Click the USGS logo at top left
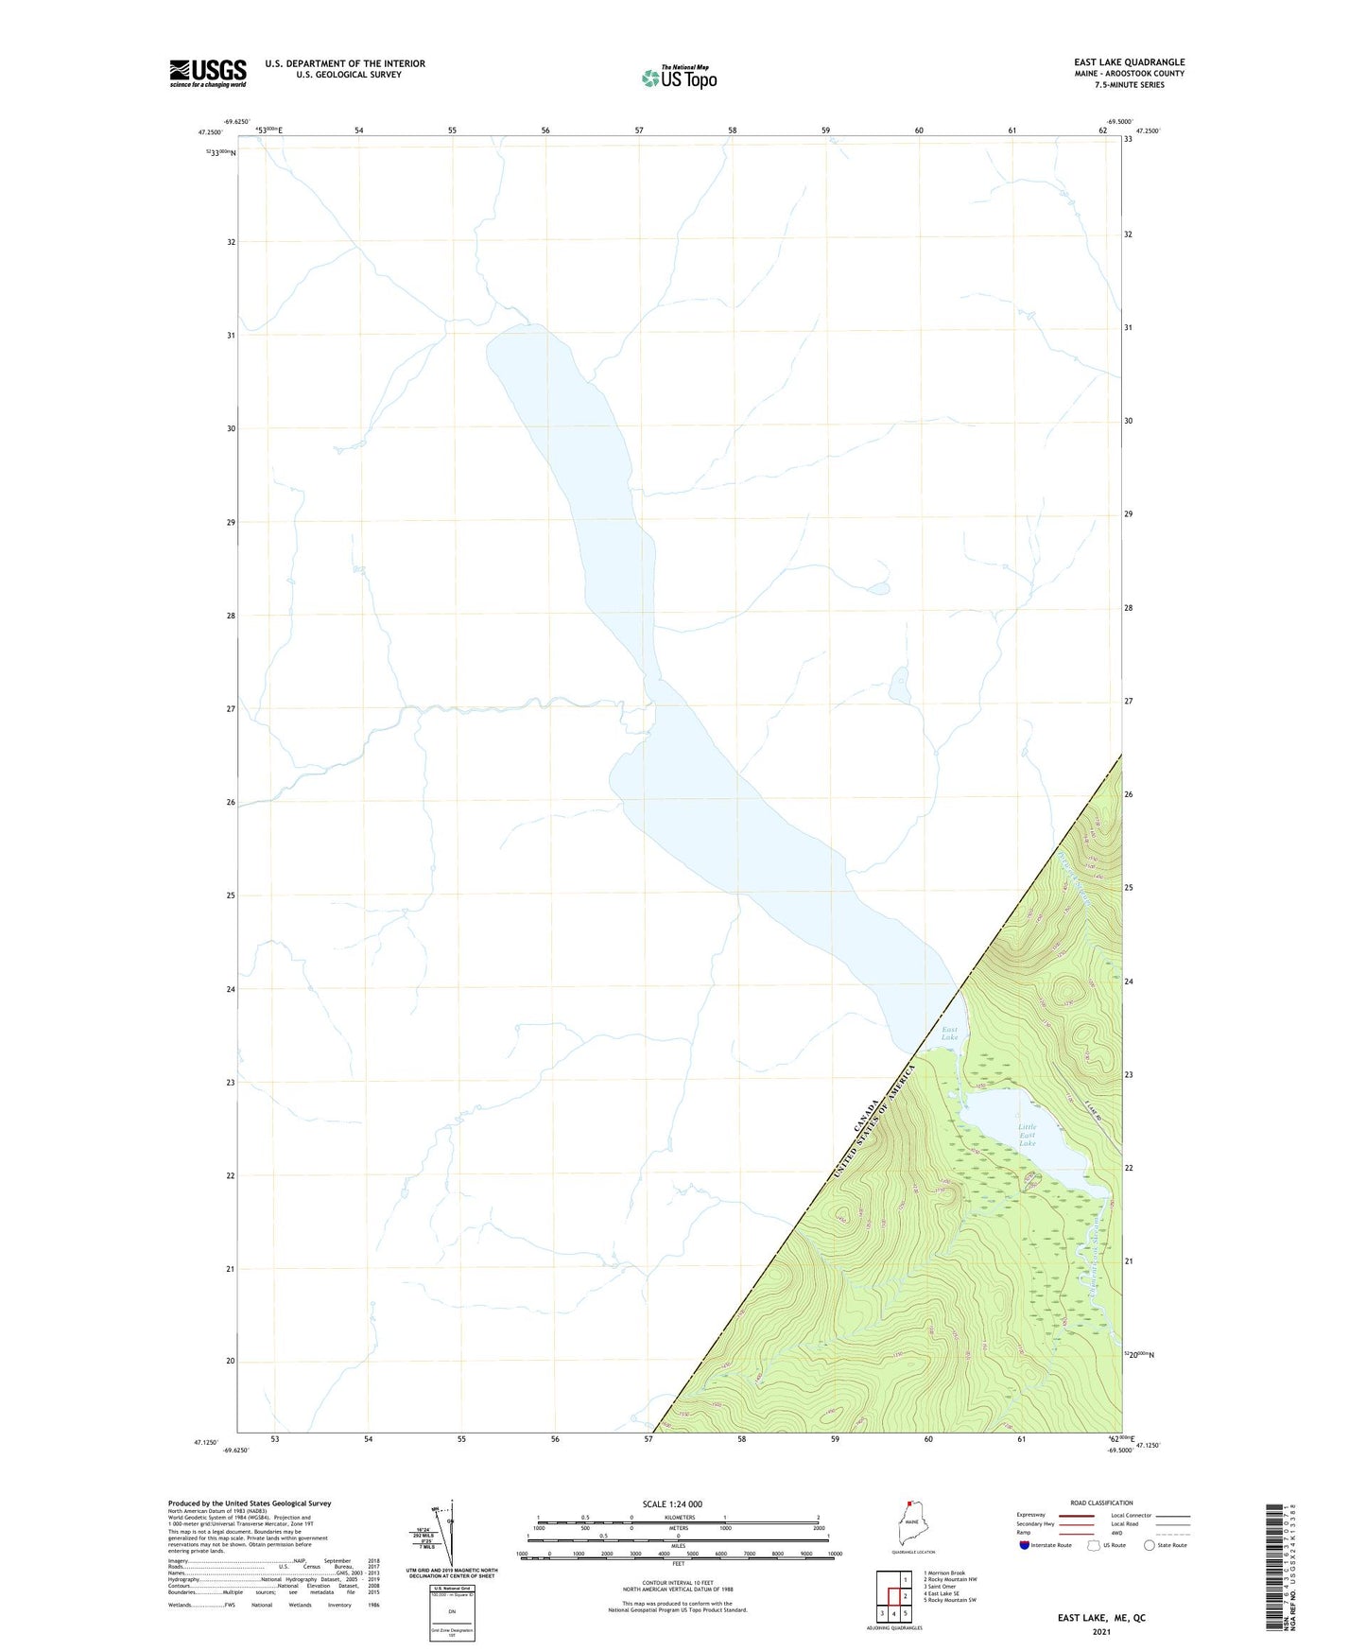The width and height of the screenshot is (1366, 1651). pos(208,73)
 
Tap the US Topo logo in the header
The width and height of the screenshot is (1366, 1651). pos(679,77)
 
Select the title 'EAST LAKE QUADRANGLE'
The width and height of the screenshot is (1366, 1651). pos(1129,62)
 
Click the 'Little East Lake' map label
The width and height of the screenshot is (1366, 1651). pos(1028,1135)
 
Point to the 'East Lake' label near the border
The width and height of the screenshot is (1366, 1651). pos(949,1034)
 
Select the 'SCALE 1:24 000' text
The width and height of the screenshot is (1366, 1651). pos(672,1503)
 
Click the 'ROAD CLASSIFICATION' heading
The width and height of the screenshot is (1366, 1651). pos(1101,1503)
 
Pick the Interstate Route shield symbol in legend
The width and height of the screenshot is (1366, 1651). pos(1024,1545)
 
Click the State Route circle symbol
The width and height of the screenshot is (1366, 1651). pos(1150,1545)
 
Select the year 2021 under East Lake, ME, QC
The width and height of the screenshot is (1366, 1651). pos(1100,1632)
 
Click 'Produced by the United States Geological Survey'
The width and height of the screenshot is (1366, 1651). pos(250,1503)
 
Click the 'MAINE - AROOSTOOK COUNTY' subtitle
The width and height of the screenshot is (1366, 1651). pos(1129,74)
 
